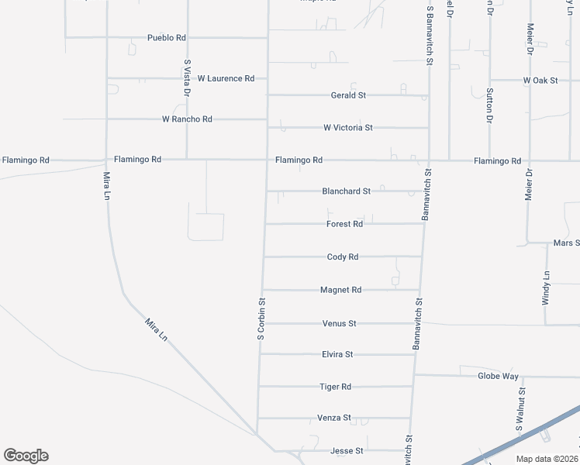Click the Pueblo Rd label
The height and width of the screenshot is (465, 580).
pyautogui.click(x=167, y=37)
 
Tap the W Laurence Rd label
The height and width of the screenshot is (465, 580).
pyautogui.click(x=226, y=78)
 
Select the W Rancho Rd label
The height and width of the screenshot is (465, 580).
pyautogui.click(x=187, y=119)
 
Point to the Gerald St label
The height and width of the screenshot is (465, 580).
pyautogui.click(x=348, y=95)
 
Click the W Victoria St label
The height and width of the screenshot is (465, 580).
pyautogui.click(x=348, y=127)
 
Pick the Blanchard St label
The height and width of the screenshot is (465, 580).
pyautogui.click(x=347, y=191)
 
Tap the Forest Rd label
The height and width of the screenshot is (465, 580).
pyautogui.click(x=344, y=224)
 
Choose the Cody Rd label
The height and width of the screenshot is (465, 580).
pyautogui.click(x=343, y=257)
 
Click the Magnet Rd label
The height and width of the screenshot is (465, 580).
pyautogui.click(x=341, y=290)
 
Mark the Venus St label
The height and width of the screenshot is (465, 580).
pyautogui.click(x=339, y=323)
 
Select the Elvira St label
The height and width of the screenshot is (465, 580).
pyautogui.click(x=337, y=354)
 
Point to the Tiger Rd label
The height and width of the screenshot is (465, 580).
pyautogui.click(x=336, y=387)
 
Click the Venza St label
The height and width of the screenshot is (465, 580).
pyautogui.click(x=335, y=418)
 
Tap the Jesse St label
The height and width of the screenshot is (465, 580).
pyautogui.click(x=347, y=450)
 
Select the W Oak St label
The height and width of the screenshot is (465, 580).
pyautogui.click(x=540, y=80)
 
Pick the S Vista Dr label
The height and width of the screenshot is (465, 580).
pyautogui.click(x=187, y=77)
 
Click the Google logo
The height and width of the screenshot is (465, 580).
pyautogui.click(x=26, y=456)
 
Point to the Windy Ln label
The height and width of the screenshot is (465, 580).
pyautogui.click(x=546, y=288)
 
